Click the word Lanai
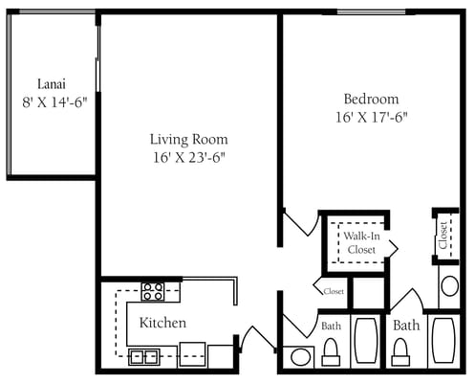[x=52, y=82]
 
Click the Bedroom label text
[x=371, y=99]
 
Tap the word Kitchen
[x=162, y=323]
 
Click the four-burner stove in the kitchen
[x=152, y=290]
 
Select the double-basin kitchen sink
[x=144, y=357]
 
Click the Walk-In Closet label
[x=360, y=242]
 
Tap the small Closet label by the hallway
[x=334, y=291]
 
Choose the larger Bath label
[x=406, y=326]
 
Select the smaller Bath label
[x=331, y=327]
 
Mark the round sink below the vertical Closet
[x=449, y=285]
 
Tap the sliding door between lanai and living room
[x=98, y=96]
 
